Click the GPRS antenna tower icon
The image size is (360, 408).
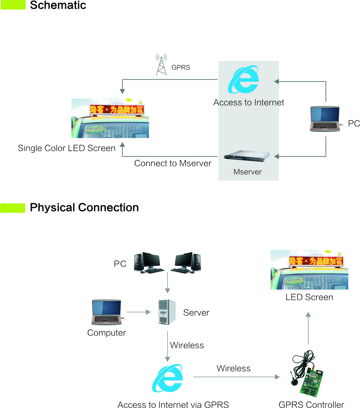pyautogui.click(x=161, y=65)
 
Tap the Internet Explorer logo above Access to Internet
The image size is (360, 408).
pyautogui.click(x=244, y=80)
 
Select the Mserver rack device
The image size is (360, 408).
pyautogui.click(x=247, y=156)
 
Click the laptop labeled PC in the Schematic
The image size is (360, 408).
pyautogui.click(x=325, y=119)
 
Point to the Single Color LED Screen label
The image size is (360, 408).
pyautogui.click(x=66, y=148)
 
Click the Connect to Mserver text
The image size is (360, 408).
pyautogui.click(x=173, y=163)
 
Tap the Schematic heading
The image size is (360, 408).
pyautogui.click(x=58, y=5)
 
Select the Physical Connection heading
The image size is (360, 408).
pyautogui.click(x=84, y=208)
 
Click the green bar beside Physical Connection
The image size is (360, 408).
pyautogui.click(x=12, y=208)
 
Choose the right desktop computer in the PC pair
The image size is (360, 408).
pyautogui.click(x=186, y=263)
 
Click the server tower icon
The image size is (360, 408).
pyautogui.click(x=167, y=312)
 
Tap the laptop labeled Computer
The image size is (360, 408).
pyautogui.click(x=107, y=312)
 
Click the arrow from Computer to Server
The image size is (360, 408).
pyautogui.click(x=139, y=312)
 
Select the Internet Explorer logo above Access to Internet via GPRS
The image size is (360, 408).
pyautogui.click(x=168, y=378)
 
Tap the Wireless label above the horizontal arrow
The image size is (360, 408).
pyautogui.click(x=233, y=368)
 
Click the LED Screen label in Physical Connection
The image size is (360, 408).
pyautogui.click(x=309, y=297)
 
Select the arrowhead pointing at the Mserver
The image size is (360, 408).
pyautogui.click(x=276, y=156)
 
